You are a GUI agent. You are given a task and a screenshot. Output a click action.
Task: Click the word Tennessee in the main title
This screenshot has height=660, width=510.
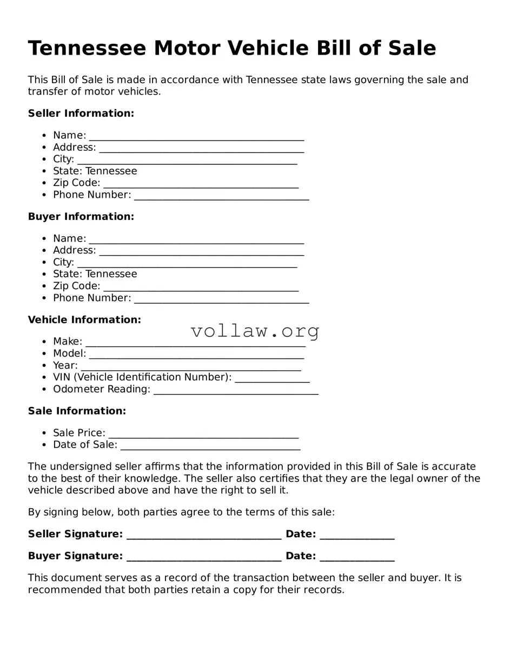[87, 49]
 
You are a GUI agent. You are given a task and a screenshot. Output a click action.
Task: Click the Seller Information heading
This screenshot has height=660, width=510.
[81, 114]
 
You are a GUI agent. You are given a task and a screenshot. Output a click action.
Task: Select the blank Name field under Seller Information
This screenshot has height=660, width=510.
[196, 136]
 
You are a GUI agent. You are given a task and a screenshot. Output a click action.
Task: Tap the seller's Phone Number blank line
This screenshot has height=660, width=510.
[221, 196]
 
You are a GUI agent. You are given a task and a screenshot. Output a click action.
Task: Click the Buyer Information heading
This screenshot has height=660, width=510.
[81, 217]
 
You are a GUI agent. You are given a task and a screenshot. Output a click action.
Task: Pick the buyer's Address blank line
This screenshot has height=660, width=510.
[201, 251]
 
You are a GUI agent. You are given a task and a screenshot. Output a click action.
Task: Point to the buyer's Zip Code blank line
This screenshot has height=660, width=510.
[201, 287]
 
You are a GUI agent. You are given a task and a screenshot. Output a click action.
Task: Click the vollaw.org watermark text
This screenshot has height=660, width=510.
[255, 331]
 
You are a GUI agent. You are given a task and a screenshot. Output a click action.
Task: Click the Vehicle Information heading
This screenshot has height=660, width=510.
[84, 320]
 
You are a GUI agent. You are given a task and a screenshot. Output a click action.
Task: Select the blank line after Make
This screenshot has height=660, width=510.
[195, 343]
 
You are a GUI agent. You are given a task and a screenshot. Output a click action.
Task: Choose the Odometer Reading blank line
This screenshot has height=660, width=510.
[236, 390]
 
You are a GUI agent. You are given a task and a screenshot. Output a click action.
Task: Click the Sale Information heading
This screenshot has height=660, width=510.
[77, 411]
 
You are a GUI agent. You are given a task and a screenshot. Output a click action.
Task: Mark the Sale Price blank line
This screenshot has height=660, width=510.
[203, 434]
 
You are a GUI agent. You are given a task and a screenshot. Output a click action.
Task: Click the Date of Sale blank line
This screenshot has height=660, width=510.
[210, 446]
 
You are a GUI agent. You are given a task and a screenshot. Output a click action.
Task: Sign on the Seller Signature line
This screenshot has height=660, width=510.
[204, 535]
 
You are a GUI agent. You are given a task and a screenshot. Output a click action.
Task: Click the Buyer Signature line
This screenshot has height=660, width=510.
[204, 557]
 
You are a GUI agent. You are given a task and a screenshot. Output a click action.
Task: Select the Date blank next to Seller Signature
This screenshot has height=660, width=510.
[357, 535]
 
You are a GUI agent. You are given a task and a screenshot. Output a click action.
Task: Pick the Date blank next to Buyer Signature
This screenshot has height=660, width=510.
[357, 557]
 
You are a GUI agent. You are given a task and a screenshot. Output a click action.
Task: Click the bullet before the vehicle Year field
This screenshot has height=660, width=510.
[44, 366]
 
